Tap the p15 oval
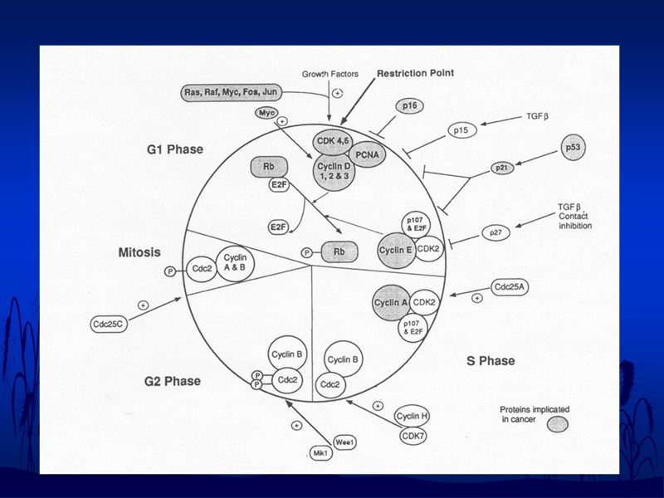461,130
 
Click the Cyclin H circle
412,416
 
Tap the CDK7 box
412,435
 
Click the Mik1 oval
321,453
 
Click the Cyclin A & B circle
236,262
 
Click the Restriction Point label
415,73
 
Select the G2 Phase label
173,381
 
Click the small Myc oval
267,114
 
